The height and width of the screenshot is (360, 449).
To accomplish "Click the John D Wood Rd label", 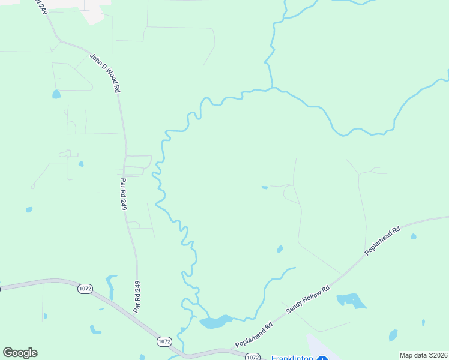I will pyautogui.click(x=106, y=73).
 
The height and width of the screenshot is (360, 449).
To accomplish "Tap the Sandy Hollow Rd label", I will pyautogui.click(x=308, y=299).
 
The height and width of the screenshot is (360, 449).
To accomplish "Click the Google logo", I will pyautogui.click(x=20, y=353).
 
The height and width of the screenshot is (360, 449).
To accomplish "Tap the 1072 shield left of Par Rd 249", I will pyautogui.click(x=85, y=289).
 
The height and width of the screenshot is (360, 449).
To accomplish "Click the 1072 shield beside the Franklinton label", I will pyautogui.click(x=253, y=357).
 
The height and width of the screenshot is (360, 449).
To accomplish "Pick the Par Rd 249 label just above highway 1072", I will pyautogui.click(x=137, y=296).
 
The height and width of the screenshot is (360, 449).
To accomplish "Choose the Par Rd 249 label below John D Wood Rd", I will pyautogui.click(x=124, y=193).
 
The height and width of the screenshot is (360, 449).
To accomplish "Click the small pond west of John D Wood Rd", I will pyautogui.click(x=56, y=94).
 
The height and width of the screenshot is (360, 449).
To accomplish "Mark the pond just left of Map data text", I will pyautogui.click(x=393, y=335).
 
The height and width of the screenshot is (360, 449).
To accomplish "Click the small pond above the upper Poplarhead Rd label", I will pyautogui.click(x=413, y=236).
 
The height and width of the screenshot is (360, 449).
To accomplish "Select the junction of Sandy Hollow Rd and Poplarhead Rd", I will pyautogui.click(x=342, y=276).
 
